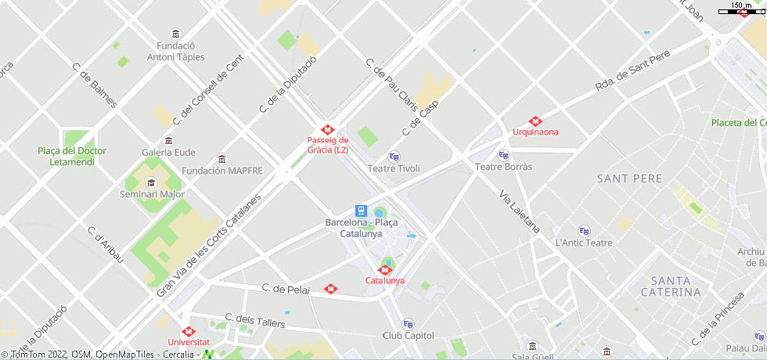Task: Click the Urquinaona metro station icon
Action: pos(535,121)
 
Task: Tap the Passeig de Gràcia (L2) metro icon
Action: pos(327,130)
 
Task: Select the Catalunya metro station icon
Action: pos(384,270)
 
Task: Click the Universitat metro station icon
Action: pos(188,332)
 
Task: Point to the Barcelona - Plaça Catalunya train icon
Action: pos(361,211)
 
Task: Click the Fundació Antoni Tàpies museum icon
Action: pos(175,34)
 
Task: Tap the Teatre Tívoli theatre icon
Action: pos(394,157)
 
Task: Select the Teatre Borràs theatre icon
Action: pos(503,155)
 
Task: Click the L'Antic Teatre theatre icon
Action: pos(584,231)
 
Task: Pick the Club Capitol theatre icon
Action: pos(408,324)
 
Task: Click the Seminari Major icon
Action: pos(151,183)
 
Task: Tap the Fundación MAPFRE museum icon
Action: pos(222,159)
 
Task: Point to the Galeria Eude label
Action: pos(168,152)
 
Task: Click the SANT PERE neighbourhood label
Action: pos(629,179)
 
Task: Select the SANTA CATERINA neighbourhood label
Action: pos(671,286)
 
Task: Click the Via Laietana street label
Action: pos(520,212)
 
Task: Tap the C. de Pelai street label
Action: pos(286,290)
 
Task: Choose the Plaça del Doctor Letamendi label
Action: pos(72,157)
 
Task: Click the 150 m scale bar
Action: pos(741,11)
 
